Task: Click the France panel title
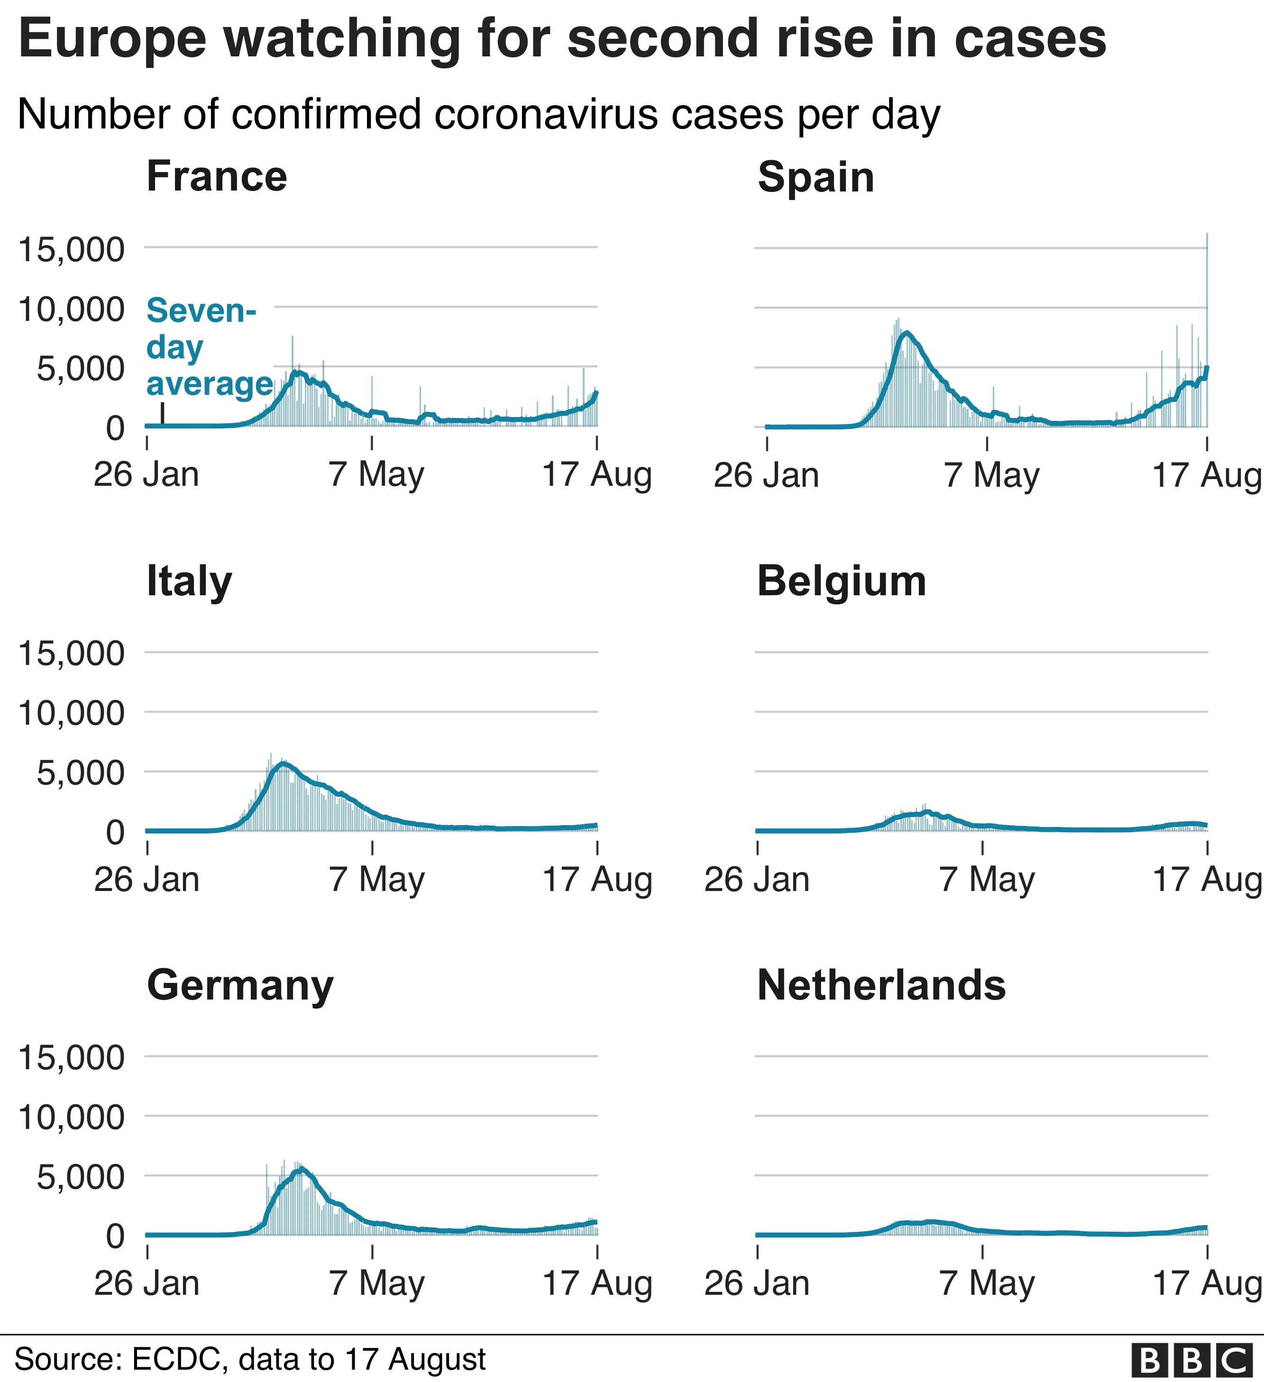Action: [x=217, y=177]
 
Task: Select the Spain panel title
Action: [x=815, y=178]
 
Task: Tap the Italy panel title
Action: [x=189, y=582]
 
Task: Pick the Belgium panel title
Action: [x=842, y=582]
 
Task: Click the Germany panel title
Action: [x=240, y=986]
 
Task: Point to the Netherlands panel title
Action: [x=881, y=986]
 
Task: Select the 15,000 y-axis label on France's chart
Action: [x=71, y=249]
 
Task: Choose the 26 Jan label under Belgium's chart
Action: [x=757, y=880]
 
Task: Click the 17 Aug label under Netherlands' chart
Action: [x=1206, y=1283]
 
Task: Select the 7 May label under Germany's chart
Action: [x=376, y=1283]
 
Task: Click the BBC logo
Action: [x=1196, y=1359]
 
